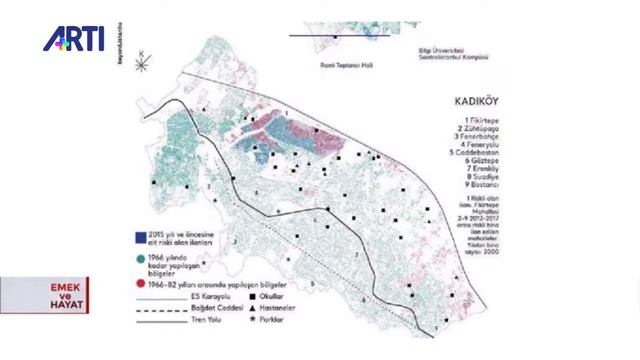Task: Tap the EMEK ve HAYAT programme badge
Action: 44,295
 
